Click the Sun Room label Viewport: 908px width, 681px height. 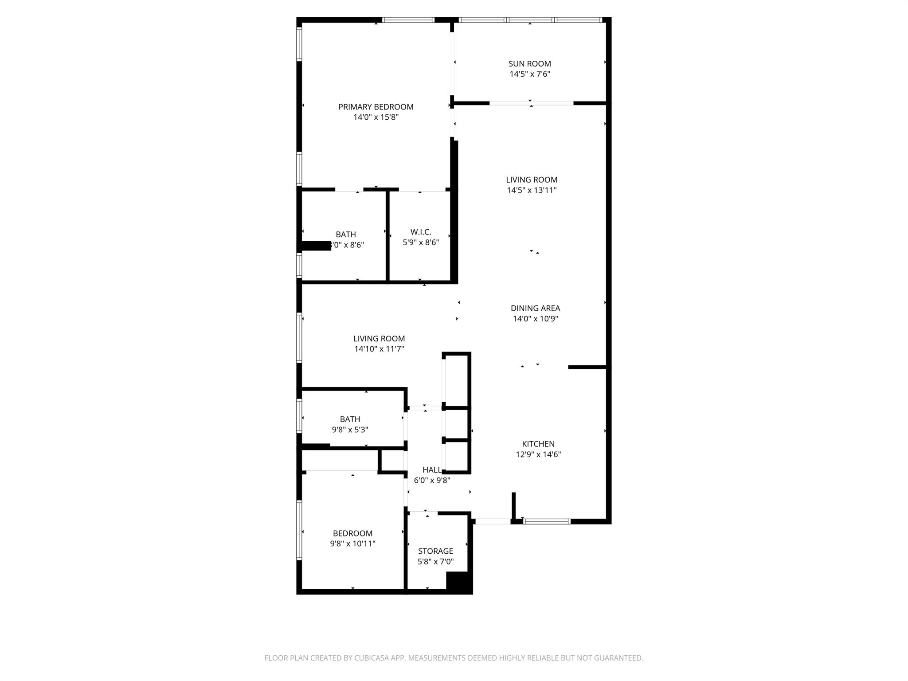point(529,64)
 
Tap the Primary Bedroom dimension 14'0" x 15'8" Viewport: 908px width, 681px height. point(376,117)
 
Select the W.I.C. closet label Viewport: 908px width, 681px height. point(420,232)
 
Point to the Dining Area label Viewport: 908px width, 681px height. point(535,308)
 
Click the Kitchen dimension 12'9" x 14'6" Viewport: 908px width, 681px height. point(538,454)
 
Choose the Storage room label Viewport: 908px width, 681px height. point(435,551)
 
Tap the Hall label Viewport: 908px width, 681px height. point(431,470)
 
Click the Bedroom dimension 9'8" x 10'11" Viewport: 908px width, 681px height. point(352,544)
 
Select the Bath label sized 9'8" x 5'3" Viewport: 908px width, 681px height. point(350,419)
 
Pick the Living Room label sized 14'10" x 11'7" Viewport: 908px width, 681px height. point(379,339)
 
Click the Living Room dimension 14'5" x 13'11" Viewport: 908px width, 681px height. point(532,191)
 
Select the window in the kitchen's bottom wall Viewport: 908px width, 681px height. point(547,521)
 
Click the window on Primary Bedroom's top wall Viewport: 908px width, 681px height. point(408,20)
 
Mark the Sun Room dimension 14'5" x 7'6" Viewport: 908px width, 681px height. point(529,74)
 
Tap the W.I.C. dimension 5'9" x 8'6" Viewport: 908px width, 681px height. point(420,243)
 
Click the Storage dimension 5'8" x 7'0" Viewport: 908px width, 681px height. point(435,562)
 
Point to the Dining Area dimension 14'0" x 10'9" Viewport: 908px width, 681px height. point(535,319)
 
